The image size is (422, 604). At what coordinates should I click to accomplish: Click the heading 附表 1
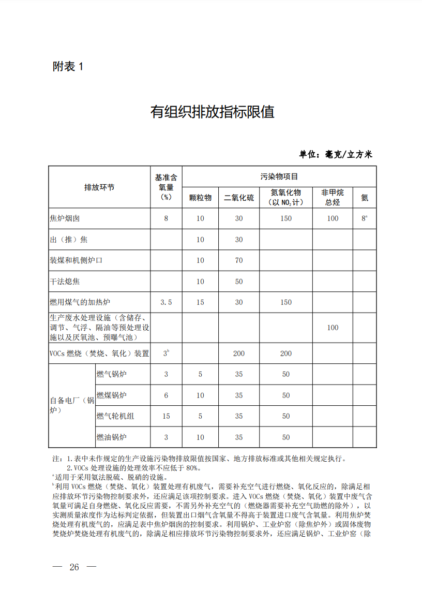pyautogui.click(x=68, y=66)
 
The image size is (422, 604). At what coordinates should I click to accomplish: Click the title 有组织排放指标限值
pyautogui.click(x=212, y=112)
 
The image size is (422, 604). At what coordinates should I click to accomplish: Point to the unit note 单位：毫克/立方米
pyautogui.click(x=336, y=154)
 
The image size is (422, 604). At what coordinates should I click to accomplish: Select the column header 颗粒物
pyautogui.click(x=200, y=198)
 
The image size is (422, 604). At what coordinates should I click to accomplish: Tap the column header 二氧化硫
pyautogui.click(x=238, y=198)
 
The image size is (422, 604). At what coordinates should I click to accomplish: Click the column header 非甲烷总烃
pyautogui.click(x=333, y=197)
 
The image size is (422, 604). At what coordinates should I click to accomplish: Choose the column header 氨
pyautogui.click(x=365, y=198)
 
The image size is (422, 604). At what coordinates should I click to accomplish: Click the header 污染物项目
pyautogui.click(x=279, y=176)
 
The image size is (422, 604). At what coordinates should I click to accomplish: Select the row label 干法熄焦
pyautogui.click(x=65, y=282)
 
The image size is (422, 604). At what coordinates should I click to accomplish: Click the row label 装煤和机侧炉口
pyautogui.click(x=76, y=260)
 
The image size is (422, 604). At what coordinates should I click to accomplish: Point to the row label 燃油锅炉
pyautogui.click(x=111, y=437)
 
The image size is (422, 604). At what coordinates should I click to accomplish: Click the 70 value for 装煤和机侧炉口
pyautogui.click(x=238, y=260)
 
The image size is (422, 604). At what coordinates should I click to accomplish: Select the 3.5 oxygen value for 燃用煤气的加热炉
pyautogui.click(x=166, y=302)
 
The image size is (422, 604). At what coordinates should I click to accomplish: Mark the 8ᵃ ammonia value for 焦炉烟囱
pyautogui.click(x=365, y=218)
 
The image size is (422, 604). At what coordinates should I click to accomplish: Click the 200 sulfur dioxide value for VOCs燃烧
pyautogui.click(x=238, y=353)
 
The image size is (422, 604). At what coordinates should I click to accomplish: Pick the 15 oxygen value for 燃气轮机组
pyautogui.click(x=166, y=416)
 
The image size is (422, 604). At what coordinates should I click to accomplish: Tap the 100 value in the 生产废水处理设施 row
pyautogui.click(x=333, y=328)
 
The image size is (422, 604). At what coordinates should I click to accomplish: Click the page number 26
pyautogui.click(x=74, y=567)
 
